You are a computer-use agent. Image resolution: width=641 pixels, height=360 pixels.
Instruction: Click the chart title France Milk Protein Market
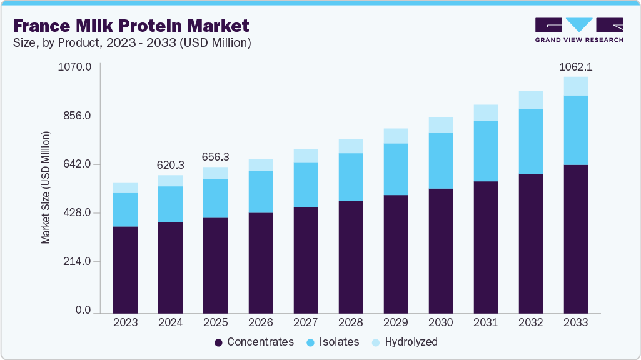[x=131, y=26]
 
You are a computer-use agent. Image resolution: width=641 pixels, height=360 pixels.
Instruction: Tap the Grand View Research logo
[x=578, y=30]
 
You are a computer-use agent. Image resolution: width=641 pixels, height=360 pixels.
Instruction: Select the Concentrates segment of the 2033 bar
[x=576, y=239]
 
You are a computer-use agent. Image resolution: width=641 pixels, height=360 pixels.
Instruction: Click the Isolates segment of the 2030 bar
[x=440, y=161]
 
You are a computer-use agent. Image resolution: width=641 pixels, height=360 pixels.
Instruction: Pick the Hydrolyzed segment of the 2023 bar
[x=125, y=187]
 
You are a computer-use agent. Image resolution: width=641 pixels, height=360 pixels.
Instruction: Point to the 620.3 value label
[x=170, y=165]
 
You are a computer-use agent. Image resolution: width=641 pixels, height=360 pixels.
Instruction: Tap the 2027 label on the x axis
[x=305, y=323]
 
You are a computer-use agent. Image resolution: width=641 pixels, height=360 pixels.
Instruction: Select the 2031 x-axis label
[x=486, y=323]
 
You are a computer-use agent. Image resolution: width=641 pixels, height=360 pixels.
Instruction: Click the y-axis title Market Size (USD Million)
[x=46, y=187]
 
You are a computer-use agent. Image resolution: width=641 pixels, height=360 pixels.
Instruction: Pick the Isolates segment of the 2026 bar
[x=260, y=192]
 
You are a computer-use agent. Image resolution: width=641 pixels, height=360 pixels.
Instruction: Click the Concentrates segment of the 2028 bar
[x=350, y=257]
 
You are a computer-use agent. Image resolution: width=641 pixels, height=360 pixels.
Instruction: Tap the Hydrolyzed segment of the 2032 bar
[x=531, y=100]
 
